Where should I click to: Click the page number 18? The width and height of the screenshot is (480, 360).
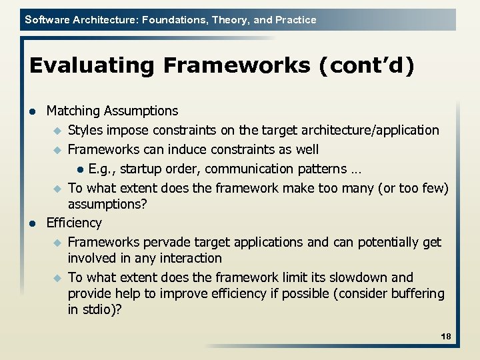[x=446, y=337]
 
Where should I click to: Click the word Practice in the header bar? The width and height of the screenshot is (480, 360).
[x=295, y=19]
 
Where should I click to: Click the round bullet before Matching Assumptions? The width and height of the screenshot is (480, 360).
[x=33, y=111]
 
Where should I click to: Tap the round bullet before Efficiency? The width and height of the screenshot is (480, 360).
[x=33, y=223]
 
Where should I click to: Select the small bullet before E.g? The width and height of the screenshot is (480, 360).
[x=80, y=169]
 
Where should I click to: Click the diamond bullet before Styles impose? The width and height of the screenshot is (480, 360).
[x=57, y=130]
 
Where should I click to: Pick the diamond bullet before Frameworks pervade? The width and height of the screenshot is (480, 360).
[x=57, y=243]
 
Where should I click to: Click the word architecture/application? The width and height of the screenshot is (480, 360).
[x=377, y=130]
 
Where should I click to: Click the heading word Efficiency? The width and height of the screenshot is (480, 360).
[x=74, y=223]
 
